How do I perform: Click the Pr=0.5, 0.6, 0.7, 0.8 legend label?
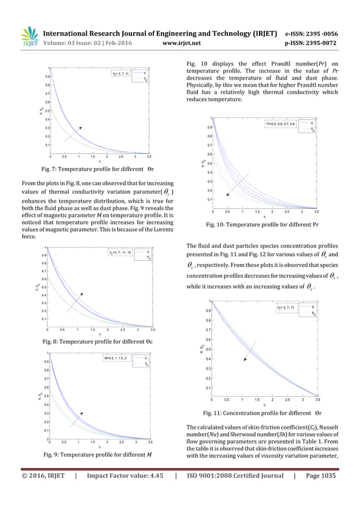pyautogui.click(x=288, y=122)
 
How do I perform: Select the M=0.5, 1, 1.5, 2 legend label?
pyautogui.click(x=118, y=357)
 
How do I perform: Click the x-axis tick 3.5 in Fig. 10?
pyautogui.click(x=316, y=213)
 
